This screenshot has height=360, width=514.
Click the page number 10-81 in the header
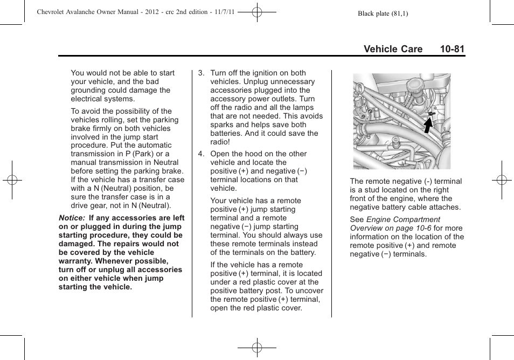tap(452, 49)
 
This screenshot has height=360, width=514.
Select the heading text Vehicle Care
tap(393, 49)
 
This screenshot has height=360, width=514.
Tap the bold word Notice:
tap(72, 218)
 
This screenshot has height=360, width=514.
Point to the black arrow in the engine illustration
tap(427, 125)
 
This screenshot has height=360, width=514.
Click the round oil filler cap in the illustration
tap(415, 86)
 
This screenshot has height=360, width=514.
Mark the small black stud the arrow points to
tap(431, 114)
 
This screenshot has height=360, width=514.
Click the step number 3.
tap(200, 73)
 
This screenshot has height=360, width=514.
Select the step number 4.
tap(200, 154)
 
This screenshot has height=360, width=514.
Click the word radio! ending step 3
tap(220, 142)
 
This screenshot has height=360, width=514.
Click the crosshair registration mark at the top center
tap(257, 12)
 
